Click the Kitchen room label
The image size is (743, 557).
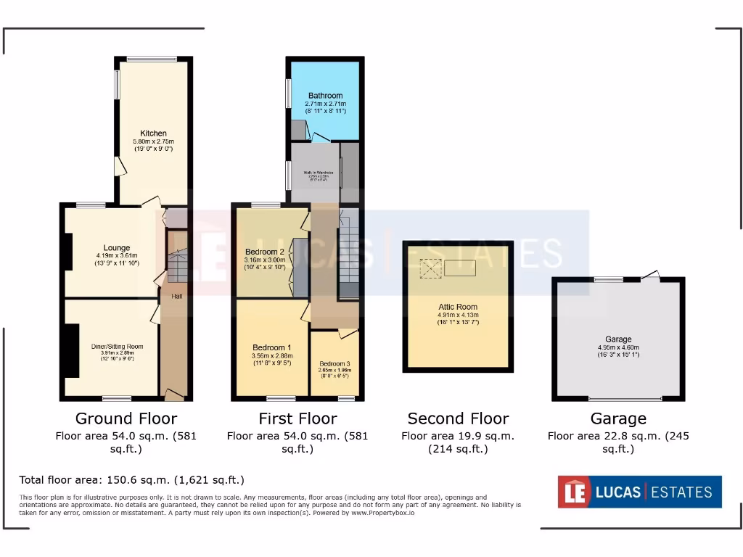153,133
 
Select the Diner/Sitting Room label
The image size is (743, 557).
112,346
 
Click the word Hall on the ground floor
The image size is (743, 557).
176,297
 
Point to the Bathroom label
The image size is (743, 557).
325,96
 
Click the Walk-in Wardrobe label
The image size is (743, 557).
313,172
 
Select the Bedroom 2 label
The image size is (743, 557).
265,252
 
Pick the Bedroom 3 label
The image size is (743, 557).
334,363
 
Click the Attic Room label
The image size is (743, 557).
457,307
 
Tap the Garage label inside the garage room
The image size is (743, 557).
618,339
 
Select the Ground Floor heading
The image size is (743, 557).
126,418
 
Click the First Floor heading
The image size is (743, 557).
297,418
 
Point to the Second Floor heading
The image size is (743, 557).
458,418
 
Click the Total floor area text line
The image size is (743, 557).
131,480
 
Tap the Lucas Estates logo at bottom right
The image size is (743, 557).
639,492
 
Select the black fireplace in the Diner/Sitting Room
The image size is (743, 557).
71,351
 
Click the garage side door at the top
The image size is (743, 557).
651,276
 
